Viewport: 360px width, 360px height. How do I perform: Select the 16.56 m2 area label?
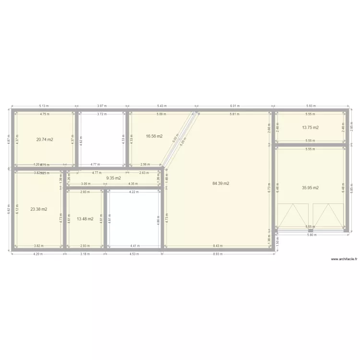[x=154, y=136]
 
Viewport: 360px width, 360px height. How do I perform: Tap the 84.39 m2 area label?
[x=221, y=183]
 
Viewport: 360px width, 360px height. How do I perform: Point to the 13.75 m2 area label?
[x=310, y=128]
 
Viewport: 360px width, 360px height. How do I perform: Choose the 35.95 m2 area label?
[x=310, y=188]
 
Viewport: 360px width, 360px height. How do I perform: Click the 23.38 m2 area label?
[x=38, y=209]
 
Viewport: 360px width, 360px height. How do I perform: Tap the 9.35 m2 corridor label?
[x=113, y=178]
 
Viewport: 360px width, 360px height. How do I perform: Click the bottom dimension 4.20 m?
[x=38, y=254]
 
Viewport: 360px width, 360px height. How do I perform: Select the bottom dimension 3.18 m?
[x=85, y=254]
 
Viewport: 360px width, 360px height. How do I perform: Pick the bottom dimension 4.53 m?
[x=134, y=254]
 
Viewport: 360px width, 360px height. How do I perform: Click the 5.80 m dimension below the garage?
[x=312, y=235]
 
